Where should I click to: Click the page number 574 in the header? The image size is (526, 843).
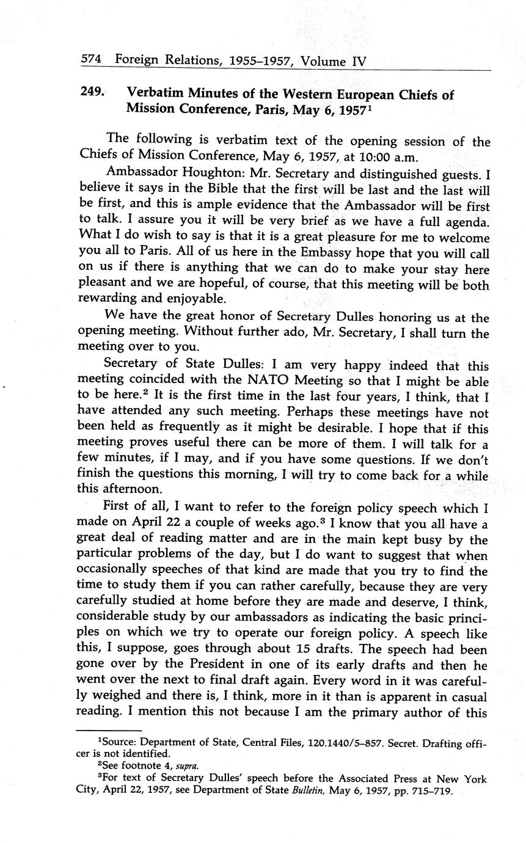tap(91, 60)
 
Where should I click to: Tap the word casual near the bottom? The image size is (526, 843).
tap(465, 696)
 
